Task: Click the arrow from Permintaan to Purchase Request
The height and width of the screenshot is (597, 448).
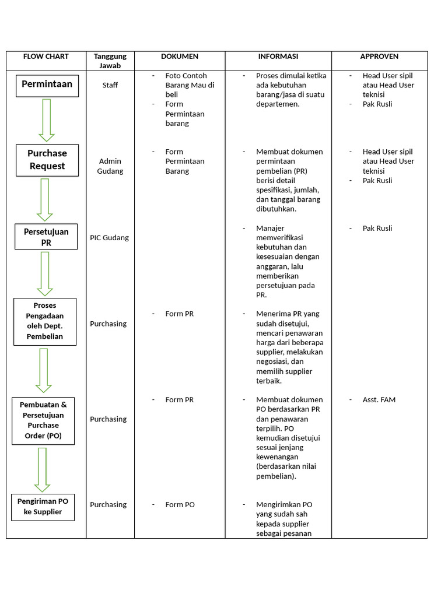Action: point(47,120)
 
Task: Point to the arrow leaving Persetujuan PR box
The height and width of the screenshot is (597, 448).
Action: point(45,274)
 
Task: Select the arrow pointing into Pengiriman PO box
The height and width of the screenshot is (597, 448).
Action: point(42,470)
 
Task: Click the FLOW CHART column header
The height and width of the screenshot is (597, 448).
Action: point(45,57)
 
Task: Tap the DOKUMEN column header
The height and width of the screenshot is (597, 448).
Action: point(180,57)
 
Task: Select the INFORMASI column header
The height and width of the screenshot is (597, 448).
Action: point(278,57)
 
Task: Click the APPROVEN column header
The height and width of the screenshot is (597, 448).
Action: point(379,57)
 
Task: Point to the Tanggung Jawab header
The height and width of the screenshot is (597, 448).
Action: point(110,61)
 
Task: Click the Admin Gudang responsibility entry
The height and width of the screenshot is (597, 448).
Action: point(110,166)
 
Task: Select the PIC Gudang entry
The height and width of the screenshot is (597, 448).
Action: point(109,238)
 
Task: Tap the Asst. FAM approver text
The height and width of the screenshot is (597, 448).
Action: point(379,400)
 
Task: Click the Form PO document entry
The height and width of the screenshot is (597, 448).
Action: point(180,504)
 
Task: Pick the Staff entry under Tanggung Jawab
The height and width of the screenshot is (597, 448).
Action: point(110,85)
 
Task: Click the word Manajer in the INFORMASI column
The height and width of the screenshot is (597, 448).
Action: point(270,229)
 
